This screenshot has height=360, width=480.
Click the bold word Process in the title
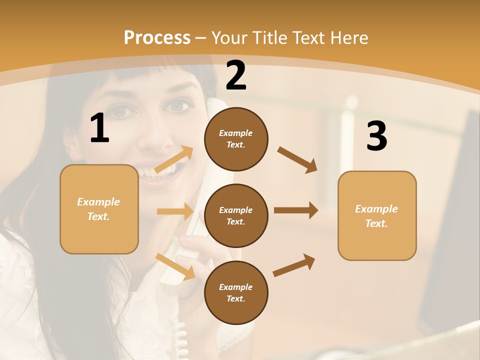(x=157, y=37)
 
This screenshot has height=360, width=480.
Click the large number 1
(x=99, y=128)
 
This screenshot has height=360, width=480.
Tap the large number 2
(x=236, y=75)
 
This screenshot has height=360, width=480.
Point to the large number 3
(x=377, y=136)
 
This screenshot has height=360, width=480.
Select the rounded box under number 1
(x=99, y=209)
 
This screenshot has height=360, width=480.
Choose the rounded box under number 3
(x=377, y=216)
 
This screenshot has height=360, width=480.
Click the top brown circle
(x=236, y=139)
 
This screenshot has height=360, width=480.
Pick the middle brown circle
(x=236, y=216)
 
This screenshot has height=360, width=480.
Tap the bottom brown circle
(x=236, y=293)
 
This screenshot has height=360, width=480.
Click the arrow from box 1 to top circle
(x=174, y=159)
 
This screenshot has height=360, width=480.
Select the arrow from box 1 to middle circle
(x=175, y=211)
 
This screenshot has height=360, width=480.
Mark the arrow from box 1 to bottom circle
(x=175, y=266)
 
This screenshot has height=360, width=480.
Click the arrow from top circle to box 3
(x=297, y=159)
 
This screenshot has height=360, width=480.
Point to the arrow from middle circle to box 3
(x=295, y=210)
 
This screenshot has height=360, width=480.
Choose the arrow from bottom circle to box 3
(x=294, y=265)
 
